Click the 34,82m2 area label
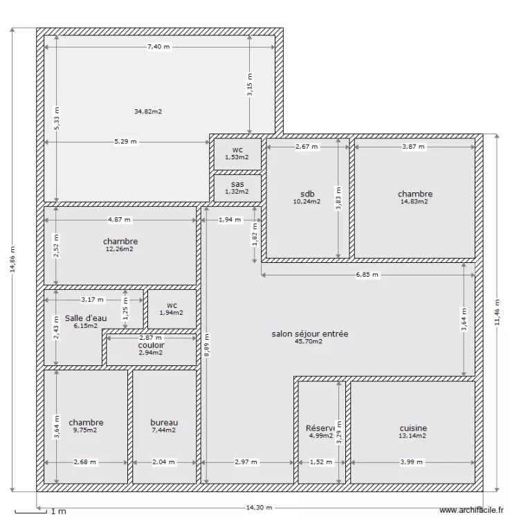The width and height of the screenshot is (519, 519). click(x=148, y=111)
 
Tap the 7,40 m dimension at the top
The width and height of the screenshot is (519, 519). click(x=158, y=46)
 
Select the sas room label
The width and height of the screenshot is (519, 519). click(x=237, y=184)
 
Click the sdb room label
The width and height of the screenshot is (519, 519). click(x=307, y=194)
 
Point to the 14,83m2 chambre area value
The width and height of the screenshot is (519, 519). click(x=415, y=202)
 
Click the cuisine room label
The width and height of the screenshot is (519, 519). click(x=413, y=428)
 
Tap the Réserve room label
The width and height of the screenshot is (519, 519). click(x=320, y=428)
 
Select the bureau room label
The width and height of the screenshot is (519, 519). click(x=164, y=422)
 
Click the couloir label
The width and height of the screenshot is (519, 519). click(x=150, y=345)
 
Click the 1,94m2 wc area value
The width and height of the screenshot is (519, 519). click(x=172, y=313)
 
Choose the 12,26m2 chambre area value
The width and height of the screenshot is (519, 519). click(x=120, y=249)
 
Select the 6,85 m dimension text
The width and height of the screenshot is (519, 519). click(x=367, y=275)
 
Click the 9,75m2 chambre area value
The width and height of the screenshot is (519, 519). click(x=86, y=430)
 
